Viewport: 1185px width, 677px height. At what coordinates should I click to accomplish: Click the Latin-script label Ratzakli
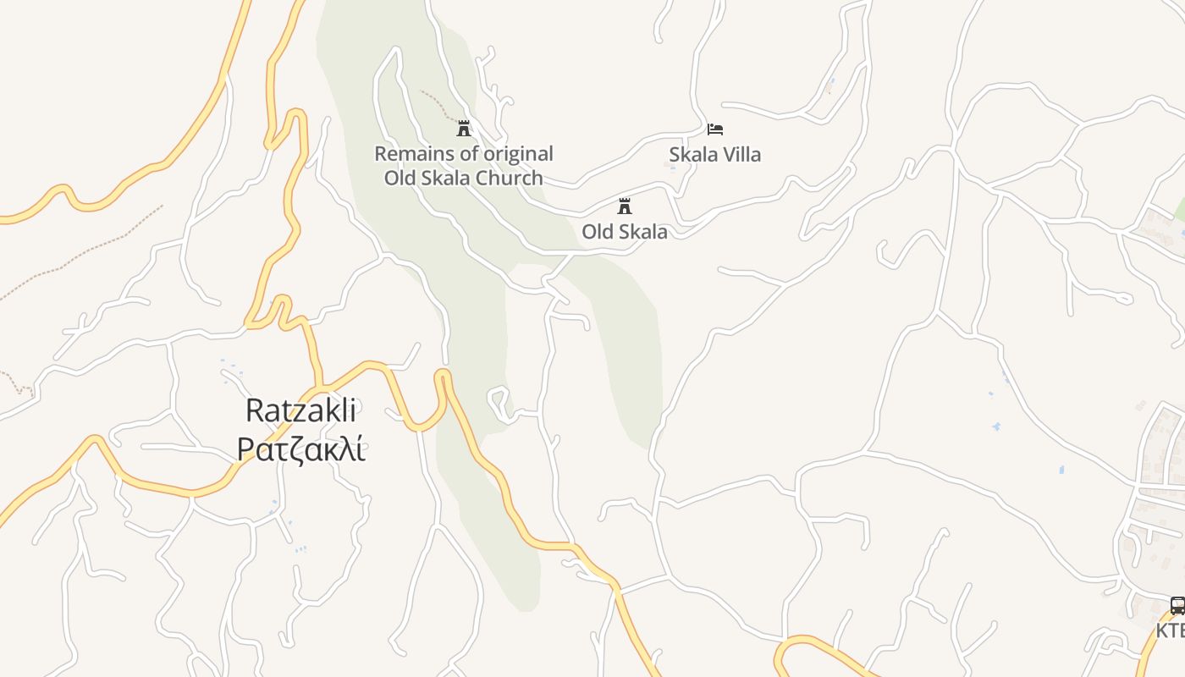tap(300, 410)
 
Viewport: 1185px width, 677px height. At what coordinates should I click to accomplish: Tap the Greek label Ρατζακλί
tap(300, 449)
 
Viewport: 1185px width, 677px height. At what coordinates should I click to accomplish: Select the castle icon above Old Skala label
tap(625, 206)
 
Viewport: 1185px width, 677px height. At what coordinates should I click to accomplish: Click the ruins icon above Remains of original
tap(464, 129)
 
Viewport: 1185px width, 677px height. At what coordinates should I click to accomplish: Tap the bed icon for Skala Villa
tap(715, 129)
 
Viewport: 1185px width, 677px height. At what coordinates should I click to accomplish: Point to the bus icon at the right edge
tap(1177, 605)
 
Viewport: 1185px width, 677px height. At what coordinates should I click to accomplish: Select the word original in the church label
tap(518, 154)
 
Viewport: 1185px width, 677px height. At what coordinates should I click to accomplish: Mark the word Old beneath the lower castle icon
tap(597, 231)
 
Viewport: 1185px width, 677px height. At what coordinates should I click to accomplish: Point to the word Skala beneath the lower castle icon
tap(643, 231)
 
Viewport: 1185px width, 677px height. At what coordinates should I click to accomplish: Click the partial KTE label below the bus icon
tap(1171, 630)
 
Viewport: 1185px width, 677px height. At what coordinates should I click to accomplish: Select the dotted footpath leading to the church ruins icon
tap(438, 103)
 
